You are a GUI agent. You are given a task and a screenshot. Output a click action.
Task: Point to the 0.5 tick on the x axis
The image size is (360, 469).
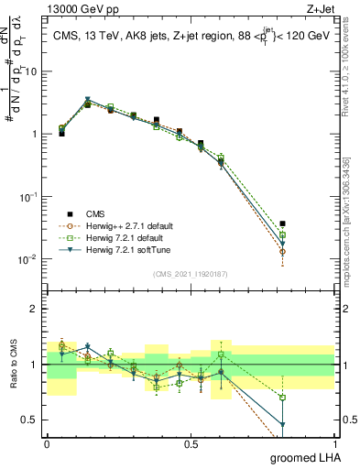coord(191,443)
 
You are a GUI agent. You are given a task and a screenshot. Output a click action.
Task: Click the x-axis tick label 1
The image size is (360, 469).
coord(335,443)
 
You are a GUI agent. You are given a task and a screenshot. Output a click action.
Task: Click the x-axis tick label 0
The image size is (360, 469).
coord(47,443)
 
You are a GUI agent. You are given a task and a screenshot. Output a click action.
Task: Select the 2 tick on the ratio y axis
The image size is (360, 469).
coord(34,309)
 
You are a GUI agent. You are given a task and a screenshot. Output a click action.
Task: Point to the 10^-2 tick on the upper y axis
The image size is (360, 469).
coord(27,259)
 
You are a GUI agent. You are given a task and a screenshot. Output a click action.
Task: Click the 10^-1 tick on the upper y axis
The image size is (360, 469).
coord(27,196)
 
